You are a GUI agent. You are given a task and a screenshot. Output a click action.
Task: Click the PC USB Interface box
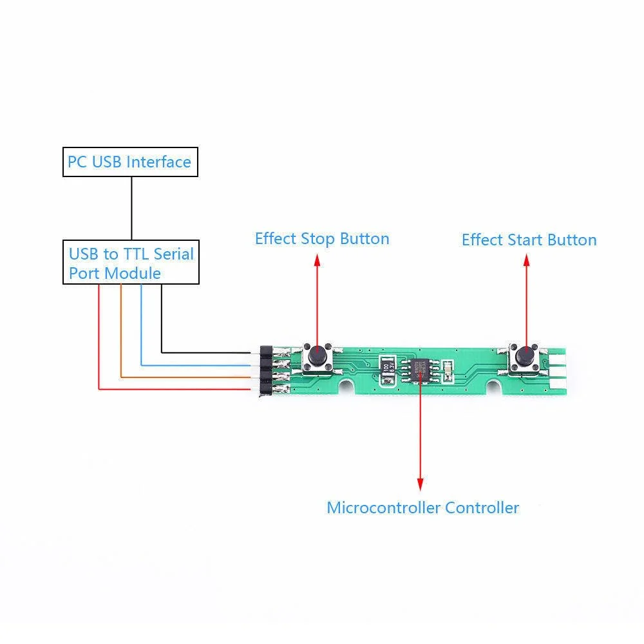pos(129,162)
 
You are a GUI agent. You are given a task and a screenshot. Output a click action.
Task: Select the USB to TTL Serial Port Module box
pos(131,263)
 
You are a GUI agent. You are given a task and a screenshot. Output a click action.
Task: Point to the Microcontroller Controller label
pos(422,507)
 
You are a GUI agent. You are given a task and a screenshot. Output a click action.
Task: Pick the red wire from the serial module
pos(99,341)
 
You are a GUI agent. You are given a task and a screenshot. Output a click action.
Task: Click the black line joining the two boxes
pos(131,208)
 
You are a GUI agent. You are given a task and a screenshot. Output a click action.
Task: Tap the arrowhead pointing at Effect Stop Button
pos(316,259)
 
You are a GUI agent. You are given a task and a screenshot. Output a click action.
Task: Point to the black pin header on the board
pos(263,370)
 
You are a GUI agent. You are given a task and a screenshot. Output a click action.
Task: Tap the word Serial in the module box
pos(174,254)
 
